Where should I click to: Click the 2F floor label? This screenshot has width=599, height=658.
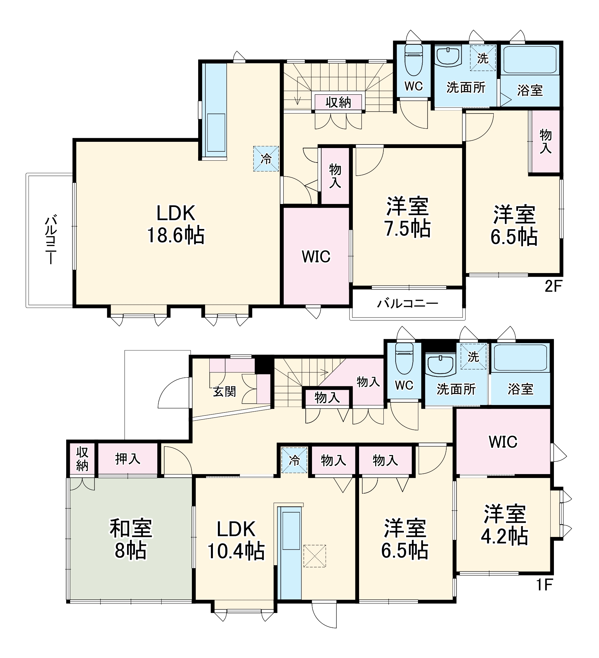tap(553, 287)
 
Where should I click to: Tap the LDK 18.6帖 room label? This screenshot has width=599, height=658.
tap(176, 224)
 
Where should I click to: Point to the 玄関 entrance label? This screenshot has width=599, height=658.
tap(224, 392)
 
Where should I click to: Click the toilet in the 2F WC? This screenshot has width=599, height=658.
tap(413, 60)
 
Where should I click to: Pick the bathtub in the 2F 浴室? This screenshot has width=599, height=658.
tap(530, 60)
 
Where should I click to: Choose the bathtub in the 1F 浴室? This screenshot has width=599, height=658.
tap(520, 358)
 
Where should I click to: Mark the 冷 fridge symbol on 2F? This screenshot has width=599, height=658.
tap(266, 159)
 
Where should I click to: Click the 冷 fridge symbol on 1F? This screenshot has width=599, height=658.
tap(294, 460)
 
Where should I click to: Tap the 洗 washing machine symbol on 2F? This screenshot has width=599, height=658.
tap(483, 58)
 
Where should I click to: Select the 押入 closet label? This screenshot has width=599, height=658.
tap(128, 459)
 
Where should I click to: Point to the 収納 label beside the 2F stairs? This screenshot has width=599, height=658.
tap(338, 102)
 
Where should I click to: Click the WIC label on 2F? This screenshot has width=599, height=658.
tap(316, 257)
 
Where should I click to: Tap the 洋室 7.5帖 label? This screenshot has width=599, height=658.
tap(407, 217)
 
